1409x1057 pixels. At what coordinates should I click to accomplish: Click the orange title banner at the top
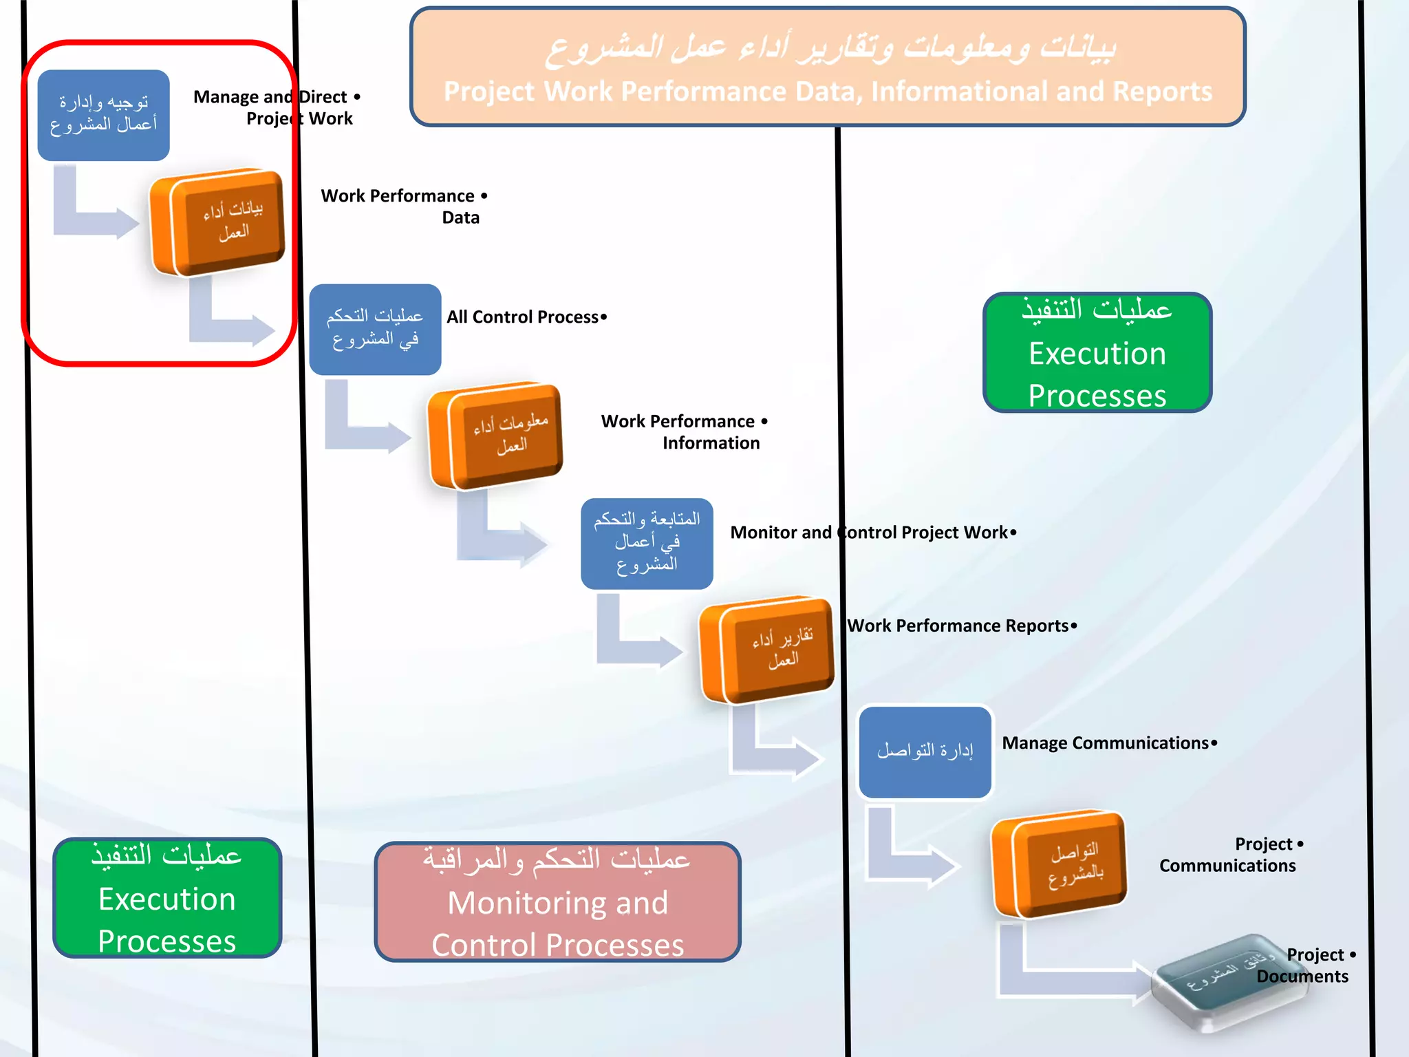pos(827,67)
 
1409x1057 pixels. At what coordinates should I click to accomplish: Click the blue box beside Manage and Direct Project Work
pos(103,115)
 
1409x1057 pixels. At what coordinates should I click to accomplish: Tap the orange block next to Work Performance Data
pos(218,222)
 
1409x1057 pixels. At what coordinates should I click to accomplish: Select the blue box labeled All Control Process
pos(375,329)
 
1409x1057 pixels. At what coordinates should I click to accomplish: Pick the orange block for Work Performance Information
pos(495,435)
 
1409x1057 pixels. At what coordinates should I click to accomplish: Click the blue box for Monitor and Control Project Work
pos(647,543)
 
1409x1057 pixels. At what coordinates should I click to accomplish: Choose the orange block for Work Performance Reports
pos(766,649)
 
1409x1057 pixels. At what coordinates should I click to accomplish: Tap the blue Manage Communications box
pos(925,751)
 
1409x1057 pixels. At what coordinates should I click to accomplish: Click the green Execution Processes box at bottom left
pos(167,897)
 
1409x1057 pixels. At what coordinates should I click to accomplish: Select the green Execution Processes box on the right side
pos(1097,352)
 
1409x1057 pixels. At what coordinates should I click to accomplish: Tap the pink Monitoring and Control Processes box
pos(557,901)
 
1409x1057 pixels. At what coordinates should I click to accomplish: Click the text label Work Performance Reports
pos(958,626)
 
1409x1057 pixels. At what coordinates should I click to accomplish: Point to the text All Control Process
pos(523,317)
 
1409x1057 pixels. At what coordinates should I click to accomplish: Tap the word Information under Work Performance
pos(711,443)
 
